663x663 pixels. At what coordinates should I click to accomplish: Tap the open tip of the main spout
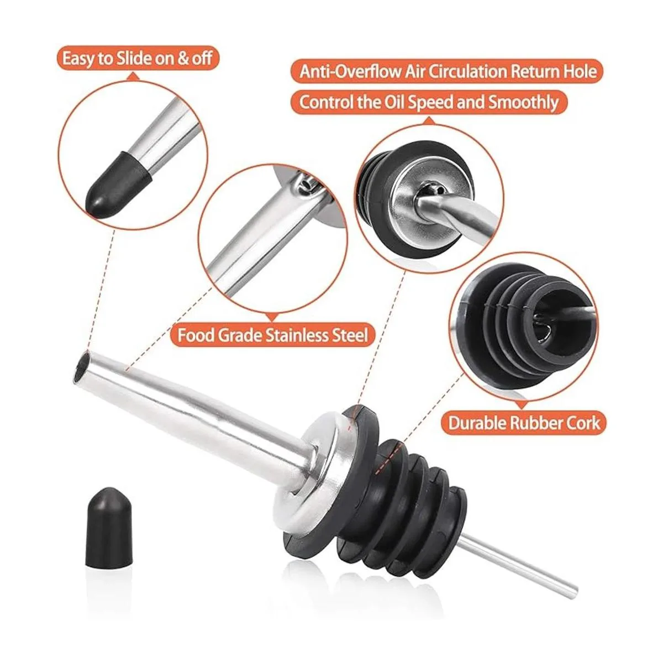tap(82, 367)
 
